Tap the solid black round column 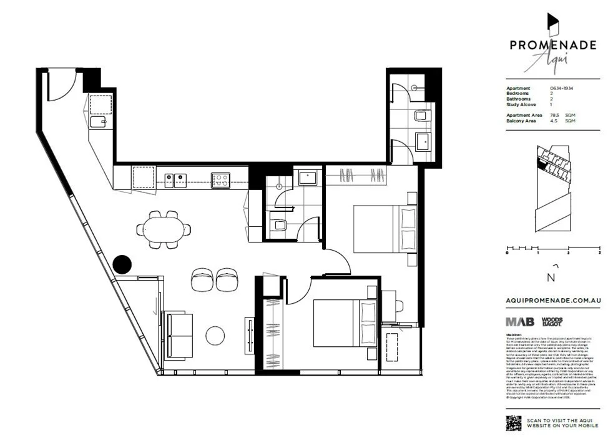(122, 264)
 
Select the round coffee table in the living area (215, 336)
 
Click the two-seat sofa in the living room (178, 336)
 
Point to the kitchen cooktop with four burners (220, 180)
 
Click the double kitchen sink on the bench (175, 181)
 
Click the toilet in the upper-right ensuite (421, 117)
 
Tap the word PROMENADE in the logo (552, 45)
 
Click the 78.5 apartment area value (556, 116)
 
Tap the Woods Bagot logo (552, 321)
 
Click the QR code (513, 422)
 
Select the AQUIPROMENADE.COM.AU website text (552, 301)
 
